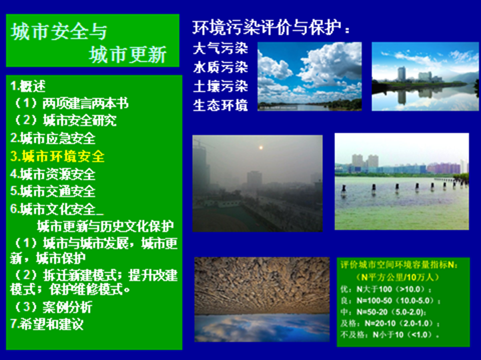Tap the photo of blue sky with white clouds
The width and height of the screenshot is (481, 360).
pyautogui.click(x=310, y=76)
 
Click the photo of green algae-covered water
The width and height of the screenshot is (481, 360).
pyautogui.click(x=402, y=200)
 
